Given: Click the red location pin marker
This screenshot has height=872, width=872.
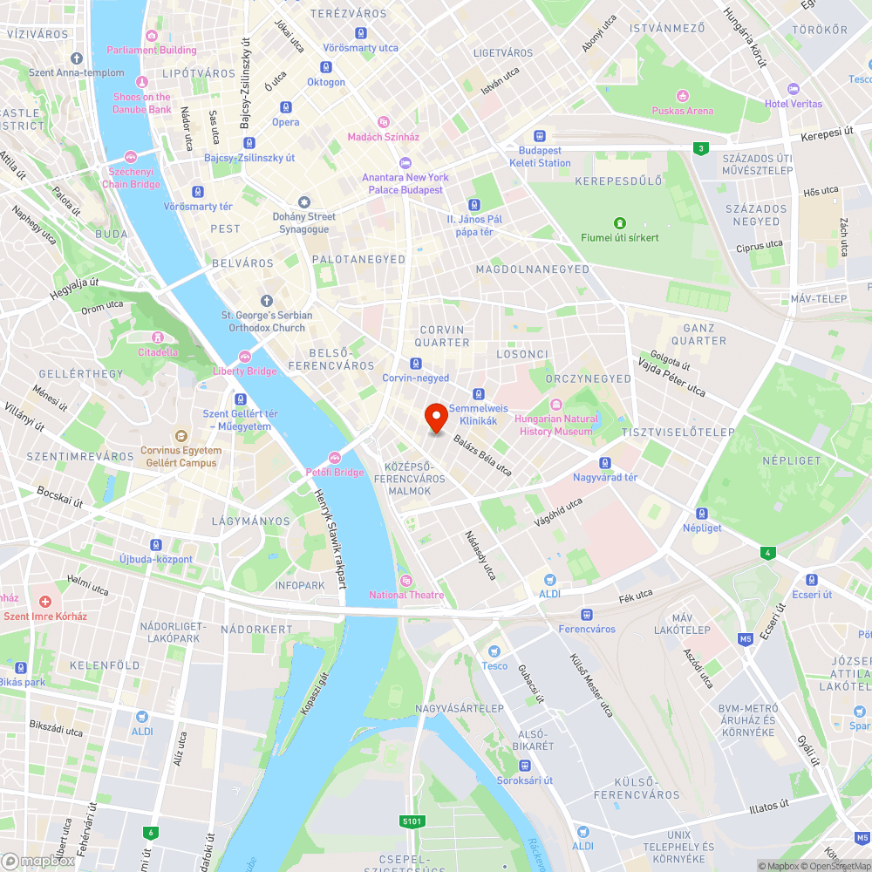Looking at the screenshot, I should pyautogui.click(x=436, y=419).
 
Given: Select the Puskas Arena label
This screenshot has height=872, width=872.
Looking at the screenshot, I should pyautogui.click(x=682, y=111).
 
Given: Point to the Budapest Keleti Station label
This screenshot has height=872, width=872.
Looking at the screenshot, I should pyautogui.click(x=540, y=157).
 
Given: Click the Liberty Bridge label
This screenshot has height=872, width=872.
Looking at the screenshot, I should pyautogui.click(x=245, y=371).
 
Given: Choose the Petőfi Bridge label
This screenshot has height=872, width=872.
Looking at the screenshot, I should pyautogui.click(x=335, y=472).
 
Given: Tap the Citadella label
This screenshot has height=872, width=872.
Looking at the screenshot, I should pyautogui.click(x=158, y=352).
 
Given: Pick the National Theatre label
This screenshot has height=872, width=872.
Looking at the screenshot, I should pyautogui.click(x=405, y=595).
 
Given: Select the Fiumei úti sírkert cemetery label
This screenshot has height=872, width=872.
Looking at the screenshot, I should pyautogui.click(x=620, y=237).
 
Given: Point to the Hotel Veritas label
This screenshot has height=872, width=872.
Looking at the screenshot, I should pyautogui.click(x=794, y=103).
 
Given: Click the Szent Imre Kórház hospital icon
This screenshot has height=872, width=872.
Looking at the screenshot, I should pyautogui.click(x=45, y=601).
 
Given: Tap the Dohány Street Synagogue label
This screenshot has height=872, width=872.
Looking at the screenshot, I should pyautogui.click(x=303, y=222).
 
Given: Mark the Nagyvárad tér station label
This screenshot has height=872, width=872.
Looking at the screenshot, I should pyautogui.click(x=605, y=477).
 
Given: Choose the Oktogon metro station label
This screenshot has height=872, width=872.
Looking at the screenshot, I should pyautogui.click(x=326, y=82).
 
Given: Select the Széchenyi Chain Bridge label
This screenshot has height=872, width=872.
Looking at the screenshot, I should pyautogui.click(x=131, y=178).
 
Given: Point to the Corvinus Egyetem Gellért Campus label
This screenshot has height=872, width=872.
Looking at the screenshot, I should pyautogui.click(x=181, y=456).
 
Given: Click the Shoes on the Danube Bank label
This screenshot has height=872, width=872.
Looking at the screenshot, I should pyautogui.click(x=142, y=103).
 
